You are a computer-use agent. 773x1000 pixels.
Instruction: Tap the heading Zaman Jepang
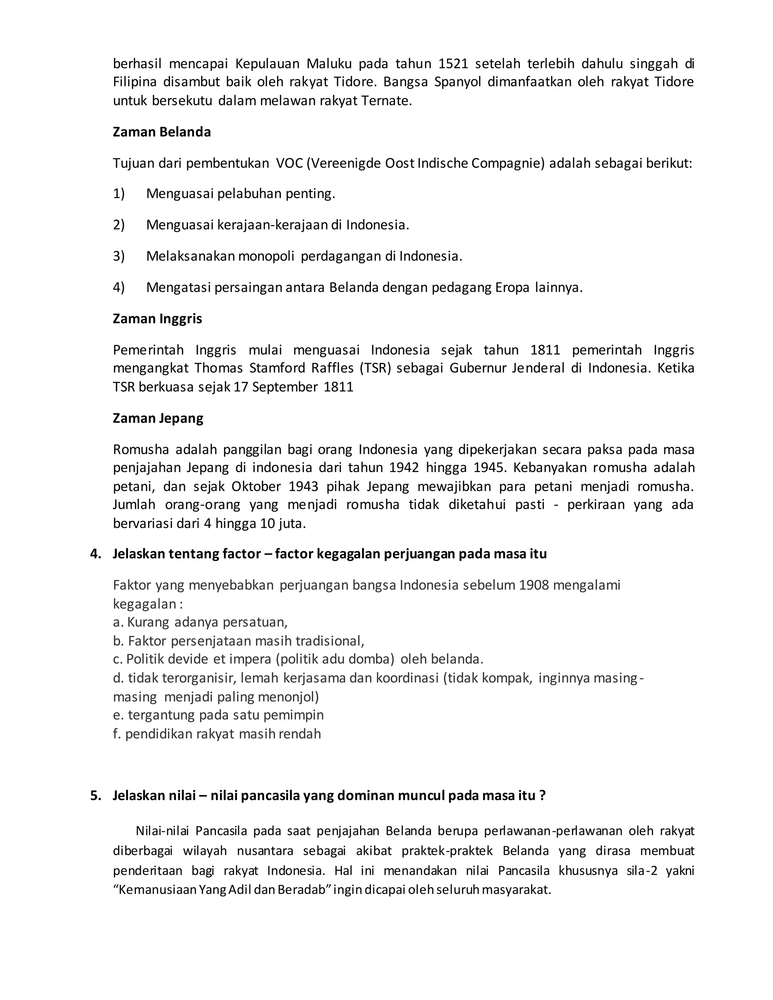click(x=158, y=418)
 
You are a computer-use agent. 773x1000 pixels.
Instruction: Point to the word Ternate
click(x=386, y=101)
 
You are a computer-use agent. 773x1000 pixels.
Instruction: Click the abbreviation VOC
click(x=289, y=163)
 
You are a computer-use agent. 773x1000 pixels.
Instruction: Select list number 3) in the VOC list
click(x=119, y=256)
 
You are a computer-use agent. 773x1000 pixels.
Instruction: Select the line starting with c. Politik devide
click(x=298, y=659)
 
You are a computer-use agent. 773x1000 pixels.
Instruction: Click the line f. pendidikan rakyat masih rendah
click(x=217, y=734)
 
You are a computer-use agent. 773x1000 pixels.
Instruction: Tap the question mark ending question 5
click(x=542, y=795)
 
